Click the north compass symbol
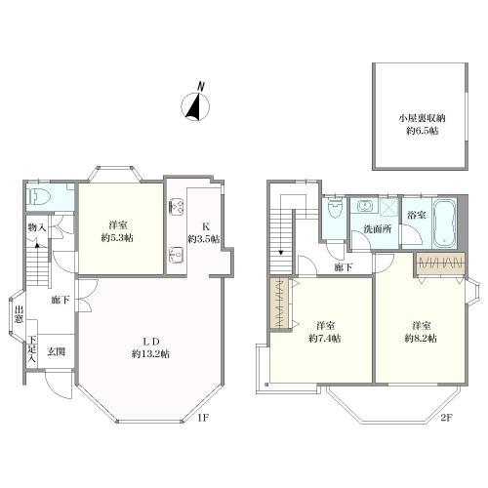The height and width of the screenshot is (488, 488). click(x=195, y=103)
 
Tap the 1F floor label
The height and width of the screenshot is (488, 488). click(x=203, y=418)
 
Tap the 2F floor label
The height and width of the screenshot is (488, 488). click(x=447, y=418)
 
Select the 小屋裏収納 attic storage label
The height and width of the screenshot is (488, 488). click(x=422, y=118)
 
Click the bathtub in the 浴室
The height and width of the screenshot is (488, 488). click(x=444, y=223)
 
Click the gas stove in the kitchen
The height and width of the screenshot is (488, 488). click(x=177, y=207)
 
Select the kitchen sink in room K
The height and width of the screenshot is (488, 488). click(x=177, y=255)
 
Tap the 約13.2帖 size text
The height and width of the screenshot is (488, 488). click(x=150, y=354)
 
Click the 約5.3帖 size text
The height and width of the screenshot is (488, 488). click(x=117, y=238)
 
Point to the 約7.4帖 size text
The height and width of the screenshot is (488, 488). click(x=325, y=339)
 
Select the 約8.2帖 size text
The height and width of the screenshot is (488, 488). click(x=421, y=339)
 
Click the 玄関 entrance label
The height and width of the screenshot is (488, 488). click(x=57, y=351)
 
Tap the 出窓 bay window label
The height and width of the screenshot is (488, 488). click(x=19, y=314)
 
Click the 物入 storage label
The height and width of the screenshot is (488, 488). click(x=37, y=227)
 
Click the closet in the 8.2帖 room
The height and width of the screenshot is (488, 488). click(x=441, y=263)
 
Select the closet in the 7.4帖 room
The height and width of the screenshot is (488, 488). click(x=279, y=304)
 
